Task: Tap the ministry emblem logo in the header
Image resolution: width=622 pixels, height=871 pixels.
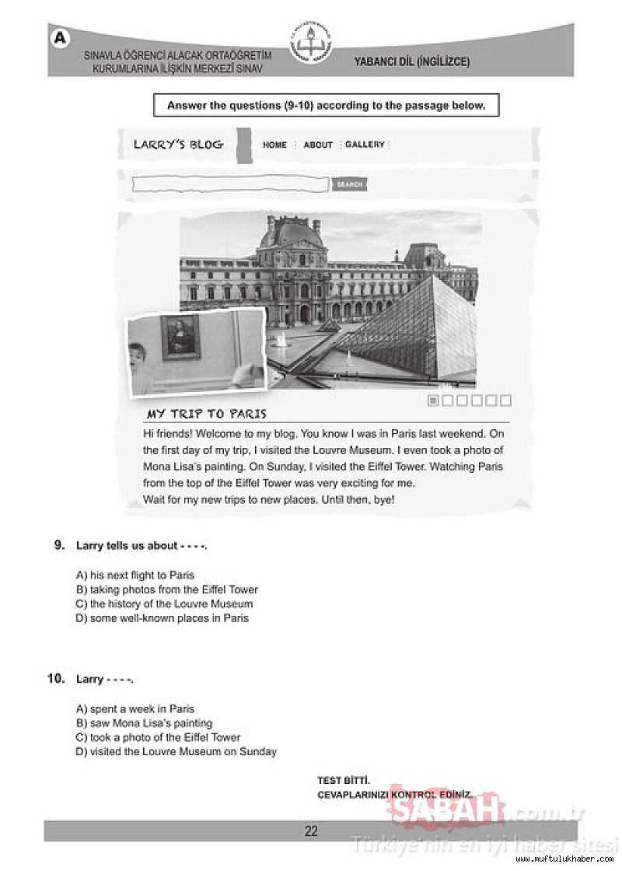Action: [310, 45]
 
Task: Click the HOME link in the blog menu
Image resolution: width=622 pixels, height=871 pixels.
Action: [274, 145]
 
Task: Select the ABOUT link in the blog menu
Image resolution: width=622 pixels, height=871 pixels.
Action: [318, 145]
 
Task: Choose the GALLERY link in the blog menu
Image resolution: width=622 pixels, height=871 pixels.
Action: [365, 145]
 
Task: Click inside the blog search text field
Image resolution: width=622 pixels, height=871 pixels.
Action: [230, 184]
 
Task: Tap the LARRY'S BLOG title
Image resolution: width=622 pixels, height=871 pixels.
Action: [178, 145]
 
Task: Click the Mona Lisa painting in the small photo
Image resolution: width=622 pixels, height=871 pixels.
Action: [180, 337]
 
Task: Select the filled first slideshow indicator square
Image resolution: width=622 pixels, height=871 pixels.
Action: [434, 401]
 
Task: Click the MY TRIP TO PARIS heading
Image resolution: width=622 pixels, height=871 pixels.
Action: [207, 414]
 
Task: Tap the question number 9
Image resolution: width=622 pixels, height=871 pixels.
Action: [59, 545]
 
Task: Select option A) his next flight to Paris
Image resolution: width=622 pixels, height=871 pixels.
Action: [135, 575]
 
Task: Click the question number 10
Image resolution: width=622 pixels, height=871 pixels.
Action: [55, 679]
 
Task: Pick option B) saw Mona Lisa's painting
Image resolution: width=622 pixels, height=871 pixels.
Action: [144, 723]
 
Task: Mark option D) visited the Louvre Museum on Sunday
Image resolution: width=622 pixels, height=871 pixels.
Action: [176, 752]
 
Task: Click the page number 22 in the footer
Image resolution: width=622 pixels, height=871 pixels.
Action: [311, 831]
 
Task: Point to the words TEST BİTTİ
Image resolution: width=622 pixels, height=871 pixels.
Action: [344, 780]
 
